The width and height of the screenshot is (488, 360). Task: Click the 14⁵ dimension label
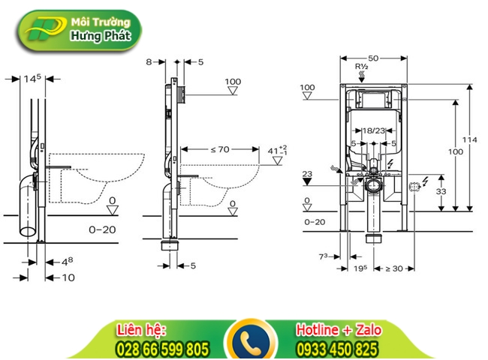point(32,77)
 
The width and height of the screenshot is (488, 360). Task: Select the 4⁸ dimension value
point(67,261)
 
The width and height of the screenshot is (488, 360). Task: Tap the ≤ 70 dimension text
point(219,149)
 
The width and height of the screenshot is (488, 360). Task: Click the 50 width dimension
point(372,57)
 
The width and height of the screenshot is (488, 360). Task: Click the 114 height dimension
point(470,139)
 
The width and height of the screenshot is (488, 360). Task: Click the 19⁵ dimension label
point(360,268)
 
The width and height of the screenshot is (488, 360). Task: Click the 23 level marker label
point(306,174)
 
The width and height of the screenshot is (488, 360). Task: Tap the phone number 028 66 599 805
point(162,349)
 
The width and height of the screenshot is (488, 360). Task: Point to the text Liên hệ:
point(141,330)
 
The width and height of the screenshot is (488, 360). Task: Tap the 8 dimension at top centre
point(149,61)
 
